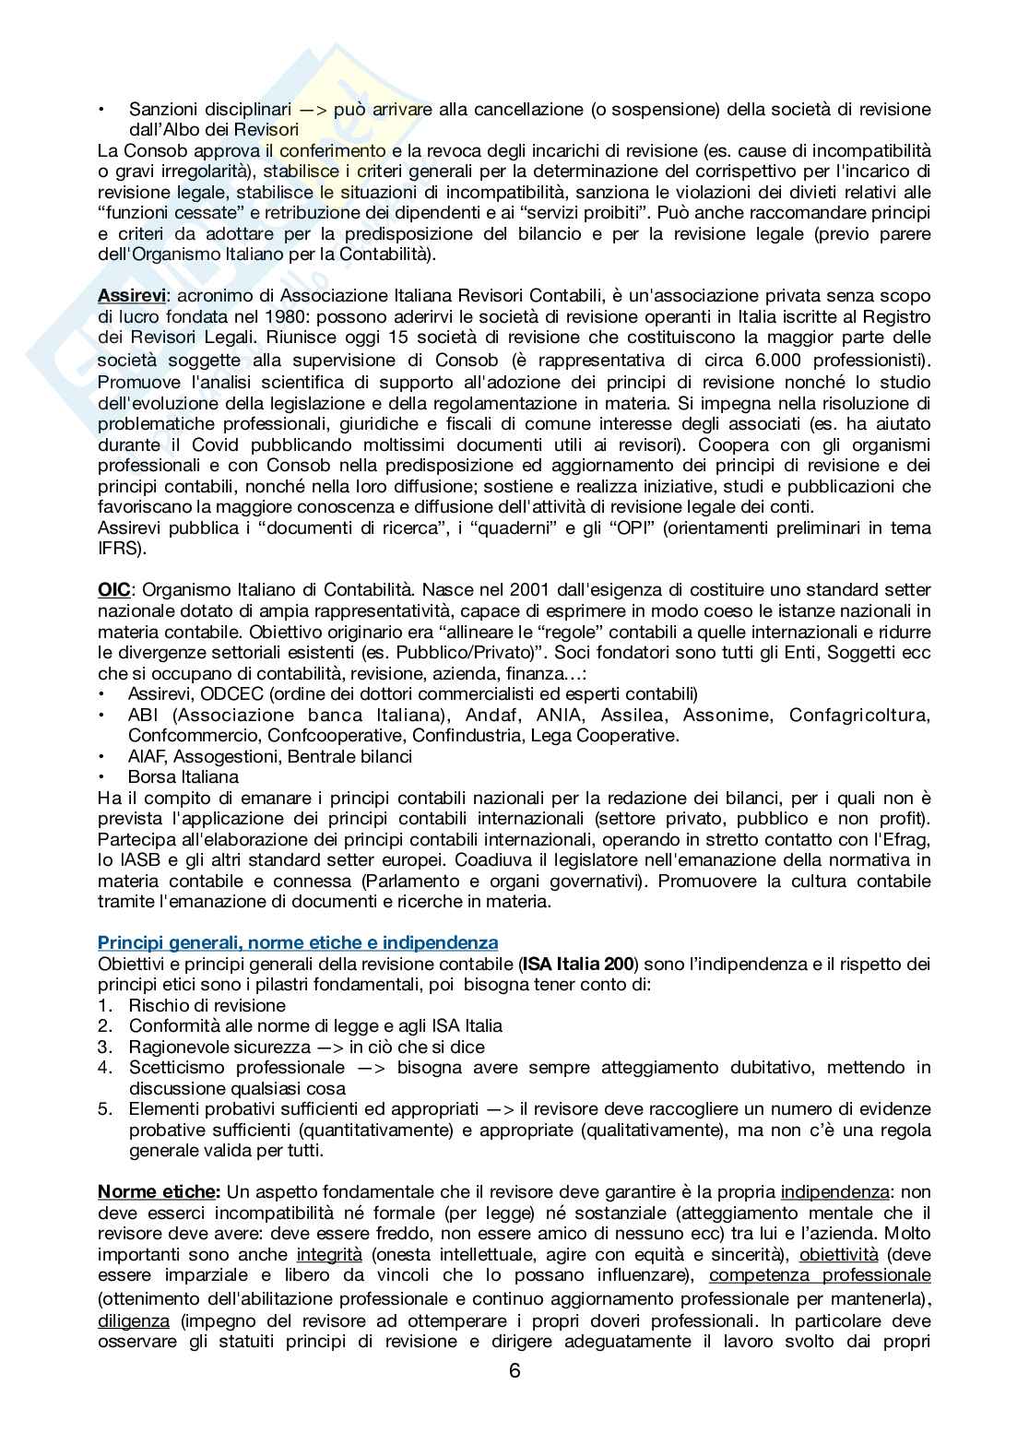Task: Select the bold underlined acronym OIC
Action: [x=113, y=589]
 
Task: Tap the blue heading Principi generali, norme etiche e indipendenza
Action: [x=298, y=942]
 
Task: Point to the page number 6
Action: [x=514, y=1370]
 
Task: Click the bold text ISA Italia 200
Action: [x=577, y=964]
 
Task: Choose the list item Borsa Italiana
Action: [x=183, y=776]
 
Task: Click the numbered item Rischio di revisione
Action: [x=207, y=1005]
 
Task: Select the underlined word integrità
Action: [x=329, y=1254]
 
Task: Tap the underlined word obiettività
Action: [x=838, y=1254]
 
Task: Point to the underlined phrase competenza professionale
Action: [x=820, y=1275]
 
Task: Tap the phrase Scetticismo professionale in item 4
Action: [x=236, y=1067]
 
